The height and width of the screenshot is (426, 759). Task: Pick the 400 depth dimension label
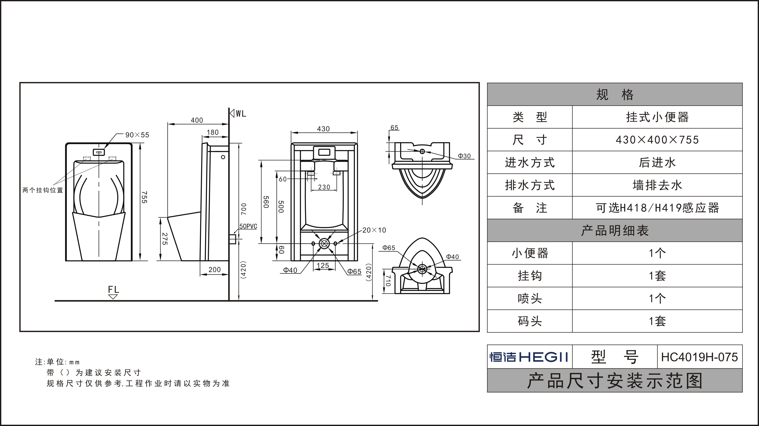[x=197, y=120]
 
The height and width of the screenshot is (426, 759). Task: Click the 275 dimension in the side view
[x=165, y=239]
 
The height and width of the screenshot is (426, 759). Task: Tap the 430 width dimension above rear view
[x=323, y=129]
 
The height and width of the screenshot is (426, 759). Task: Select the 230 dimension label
[x=324, y=187]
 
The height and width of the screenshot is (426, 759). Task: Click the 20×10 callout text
[x=374, y=230]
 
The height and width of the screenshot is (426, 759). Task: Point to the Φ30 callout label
[x=464, y=156]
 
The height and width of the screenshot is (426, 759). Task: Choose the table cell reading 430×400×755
[x=657, y=140]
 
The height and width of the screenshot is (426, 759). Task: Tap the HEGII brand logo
[x=529, y=357]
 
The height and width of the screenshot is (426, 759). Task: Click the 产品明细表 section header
[x=615, y=231]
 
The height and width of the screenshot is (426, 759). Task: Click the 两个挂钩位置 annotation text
[x=43, y=190]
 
